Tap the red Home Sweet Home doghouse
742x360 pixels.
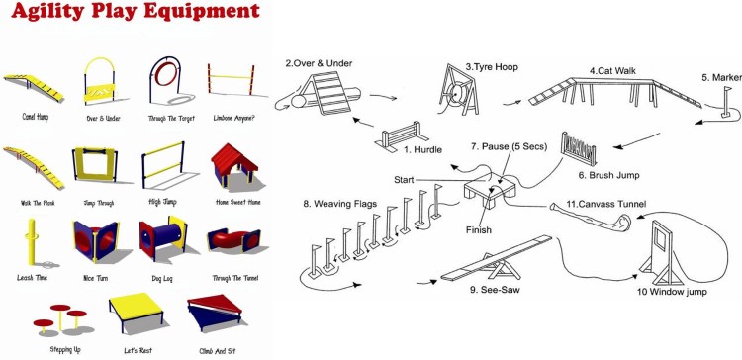click(x=233, y=165)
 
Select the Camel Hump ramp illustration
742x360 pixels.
click(x=33, y=87)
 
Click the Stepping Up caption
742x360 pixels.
click(x=65, y=349)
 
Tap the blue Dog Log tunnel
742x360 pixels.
click(x=163, y=235)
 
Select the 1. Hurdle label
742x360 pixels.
click(x=422, y=150)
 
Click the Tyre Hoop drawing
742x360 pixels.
click(x=456, y=91)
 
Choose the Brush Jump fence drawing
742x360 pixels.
click(x=579, y=149)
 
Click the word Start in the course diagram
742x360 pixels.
click(x=404, y=180)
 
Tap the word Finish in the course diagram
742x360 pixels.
click(x=478, y=230)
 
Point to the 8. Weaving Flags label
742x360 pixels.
click(x=340, y=204)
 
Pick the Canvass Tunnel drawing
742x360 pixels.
click(x=591, y=218)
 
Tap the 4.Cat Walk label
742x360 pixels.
click(x=612, y=71)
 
